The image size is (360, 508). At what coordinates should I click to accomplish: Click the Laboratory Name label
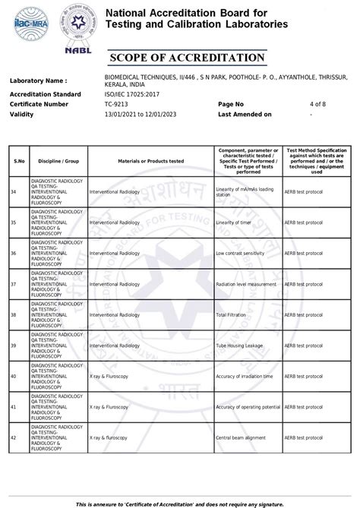pyautogui.click(x=38, y=80)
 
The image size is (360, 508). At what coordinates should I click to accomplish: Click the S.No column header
pyautogui.click(x=18, y=161)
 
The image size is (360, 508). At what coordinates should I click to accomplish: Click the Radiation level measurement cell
pyautogui.click(x=245, y=284)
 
